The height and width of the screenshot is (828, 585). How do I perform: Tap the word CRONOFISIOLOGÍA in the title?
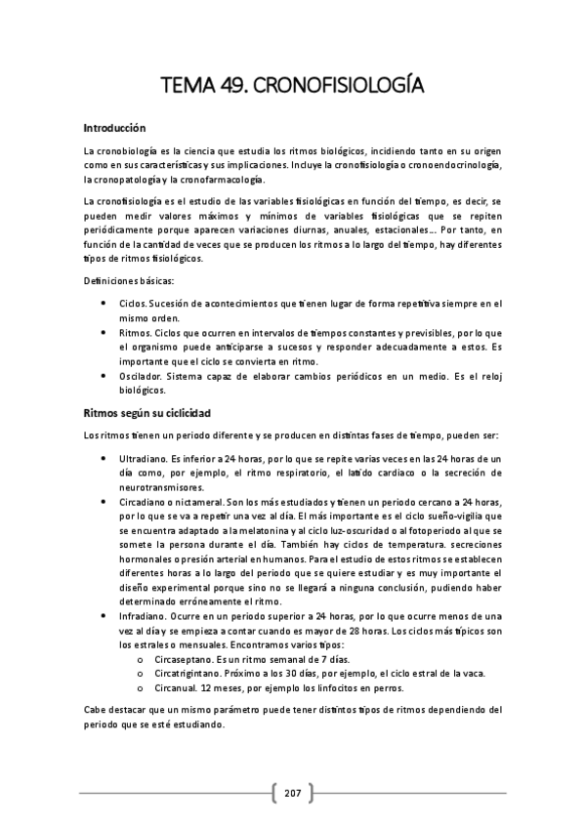click(x=337, y=87)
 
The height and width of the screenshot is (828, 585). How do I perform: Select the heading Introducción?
click(x=114, y=128)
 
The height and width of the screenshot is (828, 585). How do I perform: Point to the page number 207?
click(x=292, y=792)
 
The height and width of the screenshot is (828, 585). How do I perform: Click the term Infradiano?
click(x=142, y=618)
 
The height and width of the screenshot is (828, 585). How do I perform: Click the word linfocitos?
click(x=331, y=689)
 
